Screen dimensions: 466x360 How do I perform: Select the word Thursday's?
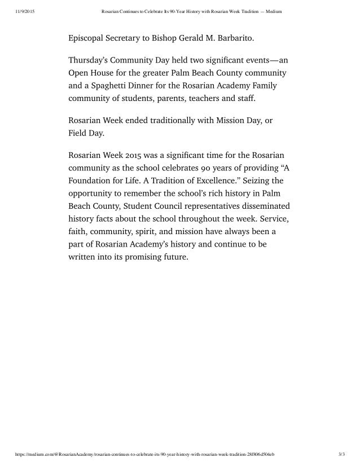tap(91, 61)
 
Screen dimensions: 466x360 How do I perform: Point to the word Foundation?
tap(92, 181)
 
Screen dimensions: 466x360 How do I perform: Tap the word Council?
tap(176, 206)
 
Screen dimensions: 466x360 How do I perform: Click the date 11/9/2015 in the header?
tap(21, 11)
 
